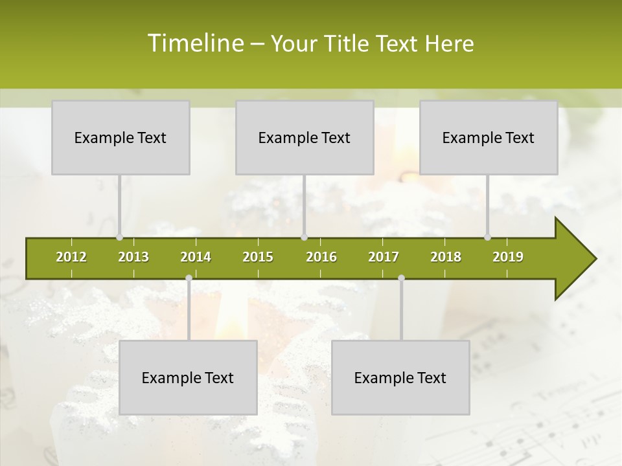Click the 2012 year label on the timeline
[71, 257]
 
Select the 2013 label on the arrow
[133, 257]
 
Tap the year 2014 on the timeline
[196, 257]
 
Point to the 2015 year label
[258, 257]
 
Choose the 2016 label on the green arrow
[321, 257]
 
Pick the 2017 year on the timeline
[384, 257]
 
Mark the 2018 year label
[446, 257]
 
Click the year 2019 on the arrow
[508, 257]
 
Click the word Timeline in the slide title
[194, 43]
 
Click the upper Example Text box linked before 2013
[121, 137]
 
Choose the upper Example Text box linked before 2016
[305, 137]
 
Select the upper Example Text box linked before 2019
[489, 137]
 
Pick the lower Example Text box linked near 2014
[188, 377]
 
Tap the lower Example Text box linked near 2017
[400, 377]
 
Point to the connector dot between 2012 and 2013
[119, 237]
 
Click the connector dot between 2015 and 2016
[305, 237]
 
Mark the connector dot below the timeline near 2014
[189, 278]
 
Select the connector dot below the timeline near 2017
[401, 278]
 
